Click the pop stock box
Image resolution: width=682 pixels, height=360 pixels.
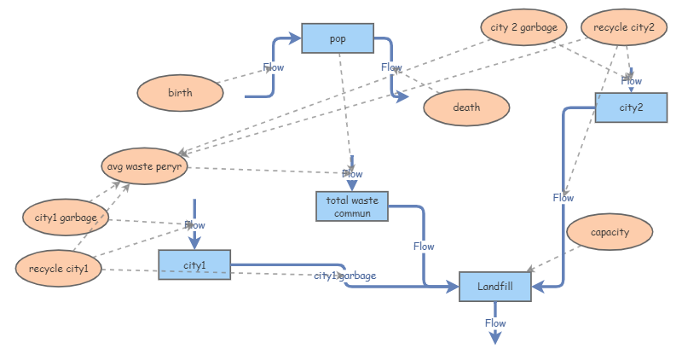click(338, 38)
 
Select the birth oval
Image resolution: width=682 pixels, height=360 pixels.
click(180, 93)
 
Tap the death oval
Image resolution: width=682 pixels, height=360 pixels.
click(466, 107)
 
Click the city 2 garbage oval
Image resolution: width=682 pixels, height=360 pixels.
click(523, 28)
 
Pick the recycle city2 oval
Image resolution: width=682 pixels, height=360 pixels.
click(624, 28)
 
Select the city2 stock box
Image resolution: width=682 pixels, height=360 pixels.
click(631, 107)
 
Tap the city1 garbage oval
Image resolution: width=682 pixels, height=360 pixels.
click(66, 218)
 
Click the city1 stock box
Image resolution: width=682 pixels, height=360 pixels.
click(194, 264)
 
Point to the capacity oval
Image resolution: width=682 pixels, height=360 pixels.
click(610, 231)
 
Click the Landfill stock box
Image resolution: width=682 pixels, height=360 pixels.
click(495, 287)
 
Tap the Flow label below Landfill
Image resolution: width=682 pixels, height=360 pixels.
click(495, 323)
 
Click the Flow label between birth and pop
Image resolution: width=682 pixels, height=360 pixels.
click(274, 67)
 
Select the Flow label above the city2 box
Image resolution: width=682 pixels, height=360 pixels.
click(632, 82)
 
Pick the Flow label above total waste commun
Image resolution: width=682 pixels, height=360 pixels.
click(352, 174)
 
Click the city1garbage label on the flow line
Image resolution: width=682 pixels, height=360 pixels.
click(345, 276)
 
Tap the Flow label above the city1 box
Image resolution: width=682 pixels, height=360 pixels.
click(194, 225)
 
